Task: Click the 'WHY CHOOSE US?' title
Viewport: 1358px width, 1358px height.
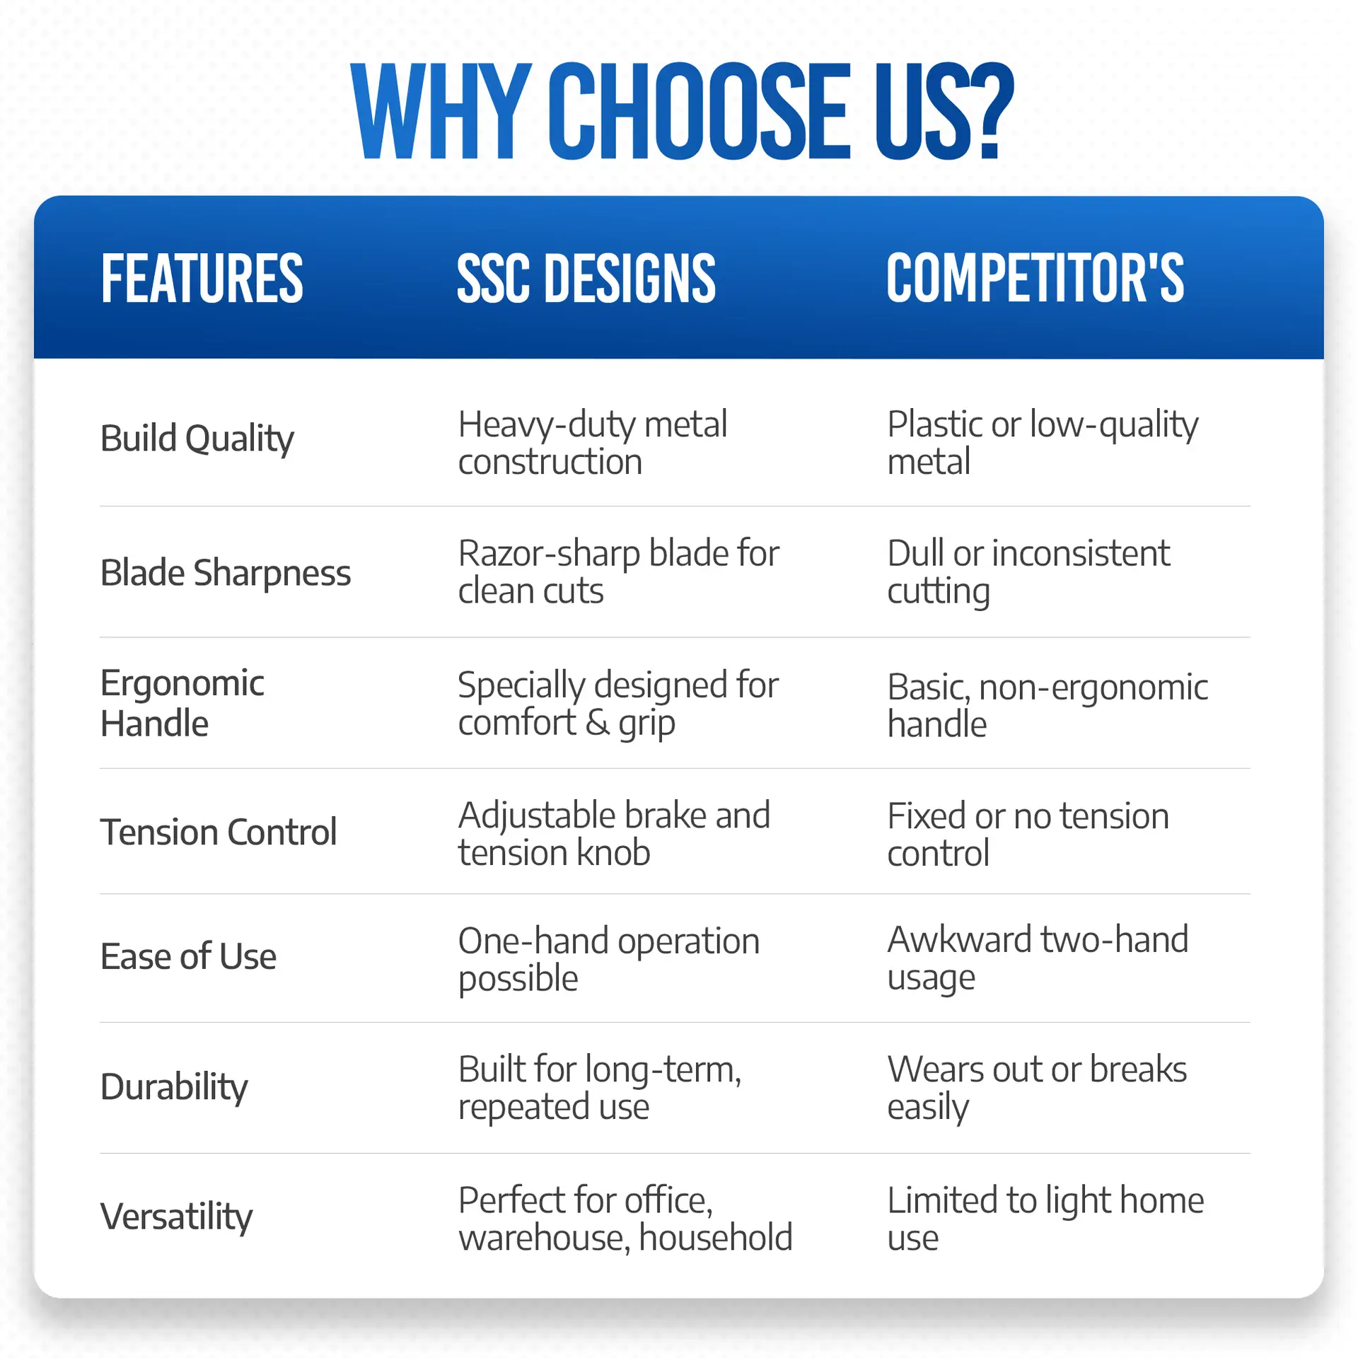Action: (683, 111)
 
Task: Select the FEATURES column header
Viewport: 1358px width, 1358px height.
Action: (202, 279)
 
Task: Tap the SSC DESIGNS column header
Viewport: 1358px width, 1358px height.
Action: (586, 279)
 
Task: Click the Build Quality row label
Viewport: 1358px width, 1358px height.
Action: (197, 439)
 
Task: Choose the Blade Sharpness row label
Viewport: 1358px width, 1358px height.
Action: (226, 572)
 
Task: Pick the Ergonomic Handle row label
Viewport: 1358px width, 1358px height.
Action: (182, 703)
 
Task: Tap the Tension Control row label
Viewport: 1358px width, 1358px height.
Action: (219, 832)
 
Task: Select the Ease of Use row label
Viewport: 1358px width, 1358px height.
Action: (188, 956)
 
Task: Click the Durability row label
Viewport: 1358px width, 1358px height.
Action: (174, 1087)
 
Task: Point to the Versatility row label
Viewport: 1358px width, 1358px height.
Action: (176, 1217)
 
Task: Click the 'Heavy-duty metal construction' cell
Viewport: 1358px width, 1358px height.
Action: (593, 443)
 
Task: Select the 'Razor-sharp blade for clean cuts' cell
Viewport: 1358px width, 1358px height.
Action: (618, 571)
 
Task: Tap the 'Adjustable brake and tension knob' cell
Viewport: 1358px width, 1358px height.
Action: (614, 833)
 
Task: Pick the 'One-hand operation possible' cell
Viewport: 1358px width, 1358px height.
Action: (609, 960)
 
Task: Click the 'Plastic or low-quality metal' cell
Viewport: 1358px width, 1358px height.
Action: (1043, 443)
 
